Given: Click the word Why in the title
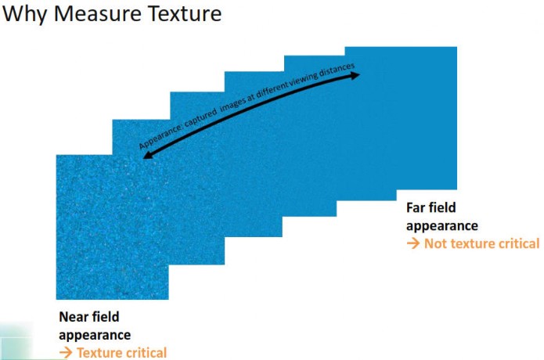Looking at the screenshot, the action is click(x=25, y=15).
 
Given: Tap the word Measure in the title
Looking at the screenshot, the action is click(x=98, y=13).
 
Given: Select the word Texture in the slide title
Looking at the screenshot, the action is click(x=185, y=13).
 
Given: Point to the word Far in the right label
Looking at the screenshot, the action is click(x=416, y=207).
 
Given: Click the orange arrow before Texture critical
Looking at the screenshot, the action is click(x=66, y=353).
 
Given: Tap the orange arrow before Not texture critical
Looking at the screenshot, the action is click(x=413, y=243).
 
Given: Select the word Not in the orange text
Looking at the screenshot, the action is click(x=434, y=243).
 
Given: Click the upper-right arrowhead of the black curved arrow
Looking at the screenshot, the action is click(x=356, y=75).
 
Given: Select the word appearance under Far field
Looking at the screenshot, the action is click(x=442, y=226).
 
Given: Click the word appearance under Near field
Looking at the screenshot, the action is click(x=95, y=336).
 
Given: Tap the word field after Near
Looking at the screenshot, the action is click(x=106, y=317).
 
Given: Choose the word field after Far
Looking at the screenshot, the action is click(x=442, y=207).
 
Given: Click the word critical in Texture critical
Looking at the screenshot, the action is click(x=145, y=353).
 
